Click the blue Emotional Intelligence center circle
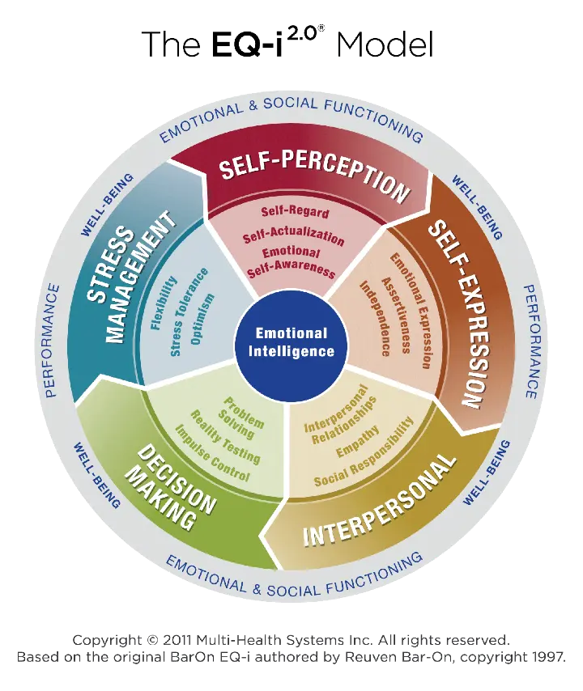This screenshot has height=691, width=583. [291, 341]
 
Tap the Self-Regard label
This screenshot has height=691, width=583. [295, 212]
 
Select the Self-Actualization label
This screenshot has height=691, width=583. [293, 236]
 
